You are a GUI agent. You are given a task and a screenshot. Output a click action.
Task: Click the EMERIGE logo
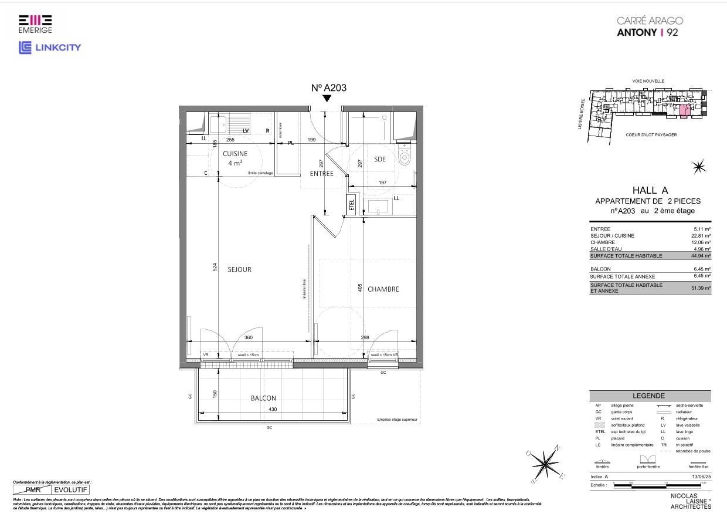tap(35, 23)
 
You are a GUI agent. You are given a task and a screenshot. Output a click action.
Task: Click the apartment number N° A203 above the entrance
tap(329, 88)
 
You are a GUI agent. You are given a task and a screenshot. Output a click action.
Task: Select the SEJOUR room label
tap(239, 269)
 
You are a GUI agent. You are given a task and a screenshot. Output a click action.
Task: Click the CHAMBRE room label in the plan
tap(383, 289)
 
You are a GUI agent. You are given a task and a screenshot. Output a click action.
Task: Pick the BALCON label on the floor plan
tap(263, 398)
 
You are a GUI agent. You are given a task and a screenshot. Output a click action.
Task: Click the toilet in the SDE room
tap(405, 156)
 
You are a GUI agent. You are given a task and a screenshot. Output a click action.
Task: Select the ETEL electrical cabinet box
tap(352, 205)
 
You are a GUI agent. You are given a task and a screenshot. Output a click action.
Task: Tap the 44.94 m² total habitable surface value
tap(701, 256)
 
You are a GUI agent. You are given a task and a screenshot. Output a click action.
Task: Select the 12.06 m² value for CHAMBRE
tap(701, 242)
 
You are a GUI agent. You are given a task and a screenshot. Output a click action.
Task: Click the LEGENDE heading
tap(648, 396)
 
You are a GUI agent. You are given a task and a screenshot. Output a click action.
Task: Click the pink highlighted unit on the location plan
tap(684, 111)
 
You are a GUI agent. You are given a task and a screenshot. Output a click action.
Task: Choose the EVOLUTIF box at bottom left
tap(71, 489)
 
